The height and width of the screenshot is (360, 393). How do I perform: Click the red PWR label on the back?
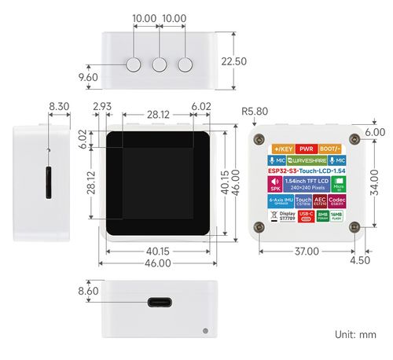(306, 148)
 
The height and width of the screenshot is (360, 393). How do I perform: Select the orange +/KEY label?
(281, 148)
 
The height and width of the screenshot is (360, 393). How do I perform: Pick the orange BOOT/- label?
(331, 148)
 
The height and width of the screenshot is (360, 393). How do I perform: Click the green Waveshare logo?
(306, 159)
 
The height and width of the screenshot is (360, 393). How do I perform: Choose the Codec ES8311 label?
(339, 202)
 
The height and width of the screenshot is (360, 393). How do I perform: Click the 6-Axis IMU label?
(280, 202)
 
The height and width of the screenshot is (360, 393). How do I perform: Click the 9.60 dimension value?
(89, 77)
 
